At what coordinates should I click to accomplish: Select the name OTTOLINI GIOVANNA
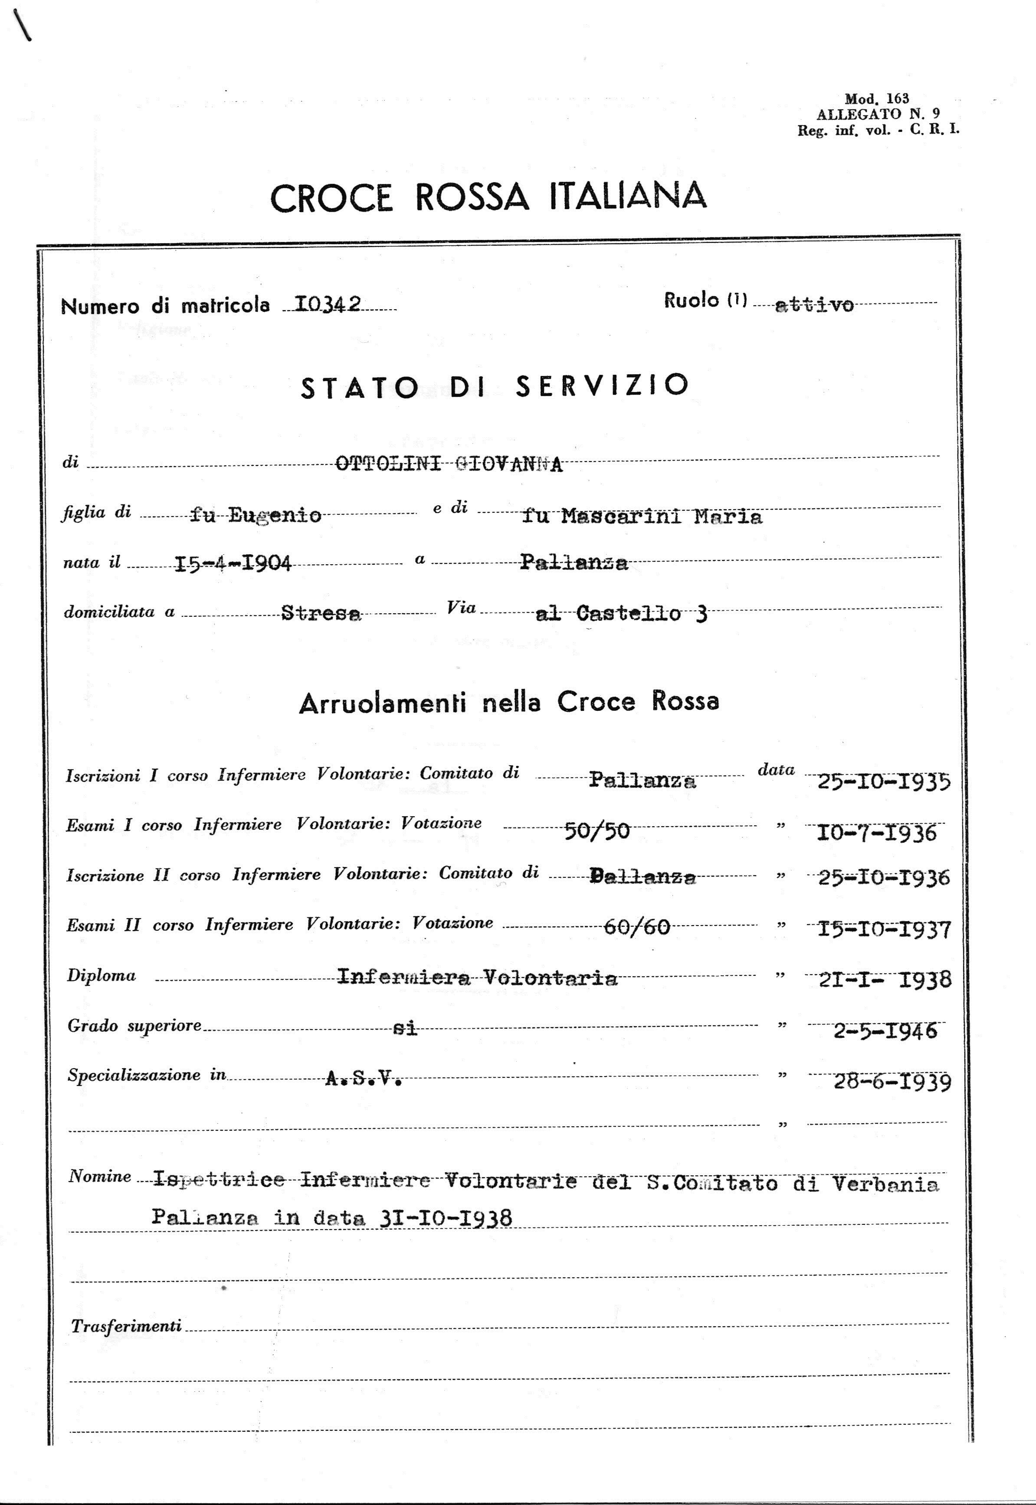coord(449,464)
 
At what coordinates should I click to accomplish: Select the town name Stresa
coord(321,613)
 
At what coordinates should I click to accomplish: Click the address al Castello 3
coord(621,613)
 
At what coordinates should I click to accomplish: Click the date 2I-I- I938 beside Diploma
coord(884,978)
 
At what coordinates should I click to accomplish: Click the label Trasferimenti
coord(126,1326)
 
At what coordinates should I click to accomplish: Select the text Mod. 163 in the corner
coord(877,99)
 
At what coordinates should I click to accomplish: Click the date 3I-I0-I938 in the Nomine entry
coord(444,1218)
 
